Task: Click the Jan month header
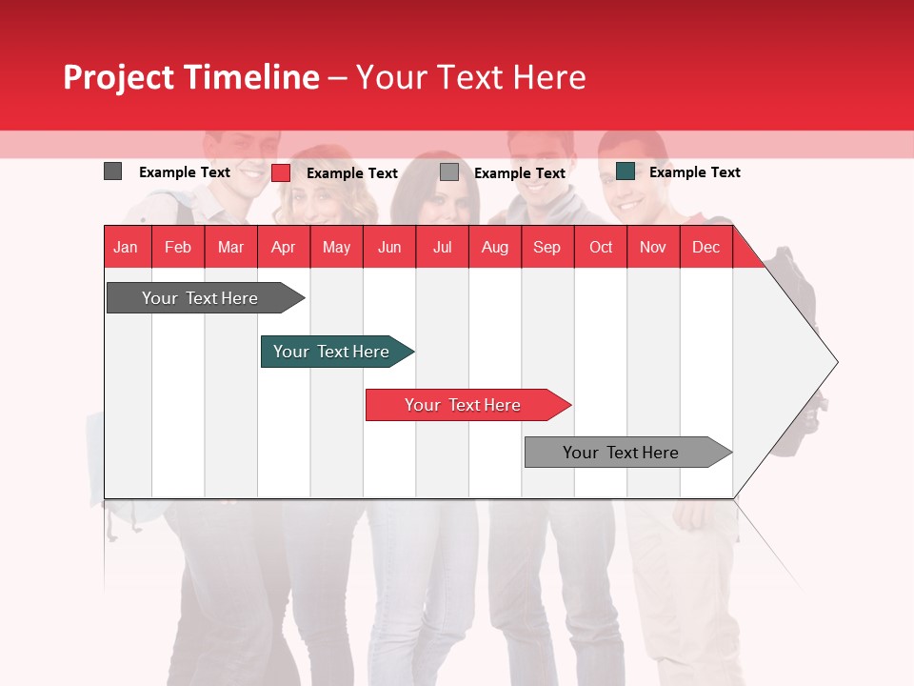pyautogui.click(x=126, y=247)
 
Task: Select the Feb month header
pyautogui.click(x=178, y=247)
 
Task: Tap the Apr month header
pyautogui.click(x=283, y=247)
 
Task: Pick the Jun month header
pyautogui.click(x=389, y=247)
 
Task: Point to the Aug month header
pyautogui.click(x=494, y=247)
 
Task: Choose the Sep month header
pyautogui.click(x=546, y=247)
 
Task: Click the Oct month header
pyautogui.click(x=601, y=247)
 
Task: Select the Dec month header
pyautogui.click(x=705, y=247)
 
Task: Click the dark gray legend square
pyautogui.click(x=112, y=171)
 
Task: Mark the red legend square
pyautogui.click(x=280, y=172)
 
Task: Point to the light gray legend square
pyautogui.click(x=449, y=172)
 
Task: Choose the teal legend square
pyautogui.click(x=625, y=171)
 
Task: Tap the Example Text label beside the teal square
pyautogui.click(x=694, y=172)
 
